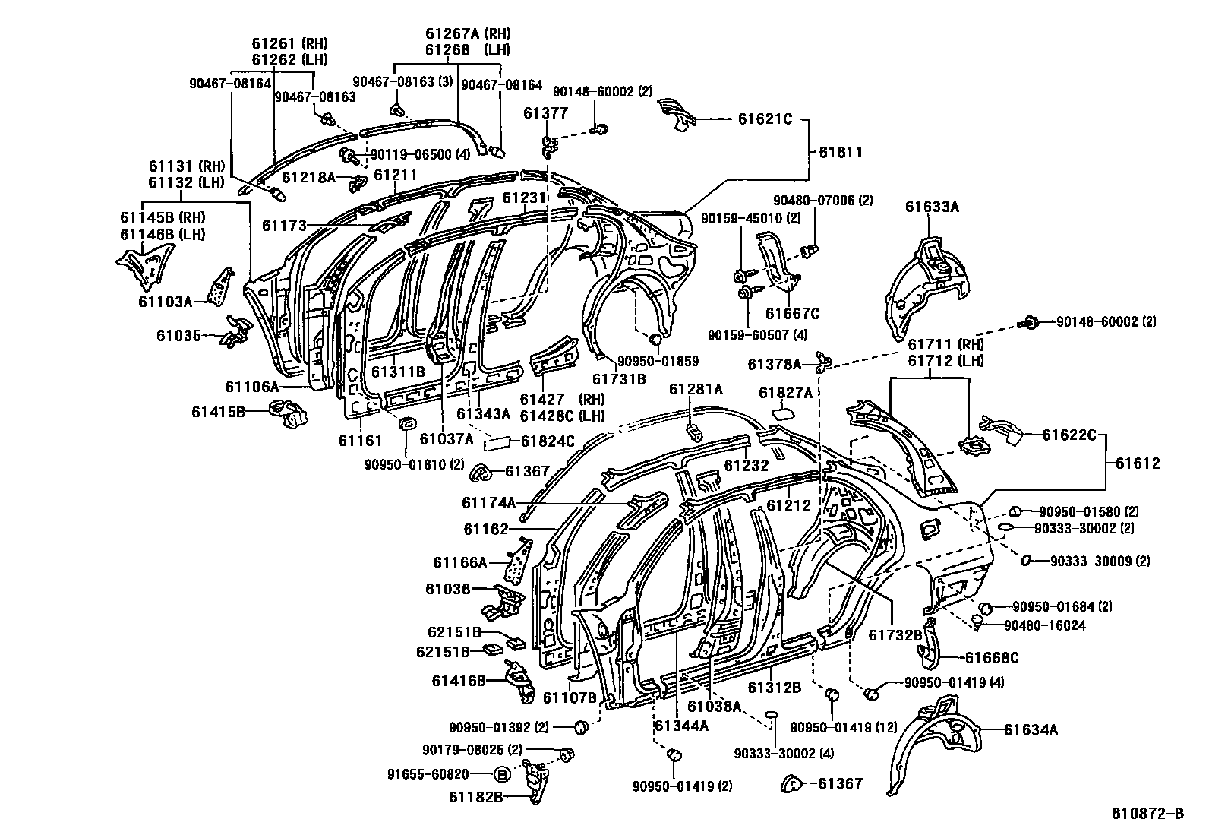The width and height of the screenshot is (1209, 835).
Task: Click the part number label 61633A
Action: pyautogui.click(x=933, y=205)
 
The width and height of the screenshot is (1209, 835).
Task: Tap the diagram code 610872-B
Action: pyautogui.click(x=1147, y=814)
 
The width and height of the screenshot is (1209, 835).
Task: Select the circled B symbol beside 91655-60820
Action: pyautogui.click(x=501, y=775)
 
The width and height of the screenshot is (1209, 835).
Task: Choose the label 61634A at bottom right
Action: pyautogui.click(x=1031, y=729)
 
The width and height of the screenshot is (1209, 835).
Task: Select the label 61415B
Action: pyautogui.click(x=218, y=412)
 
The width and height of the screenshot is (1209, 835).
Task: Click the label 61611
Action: pyautogui.click(x=841, y=152)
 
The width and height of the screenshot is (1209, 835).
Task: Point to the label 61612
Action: pyautogui.click(x=1138, y=463)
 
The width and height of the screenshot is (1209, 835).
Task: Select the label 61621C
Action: pyautogui.click(x=765, y=119)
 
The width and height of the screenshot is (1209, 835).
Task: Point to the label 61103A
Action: pyautogui.click(x=165, y=301)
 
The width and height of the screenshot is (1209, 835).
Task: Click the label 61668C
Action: pyautogui.click(x=992, y=657)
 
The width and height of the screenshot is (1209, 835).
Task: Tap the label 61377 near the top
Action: pyautogui.click(x=545, y=114)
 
